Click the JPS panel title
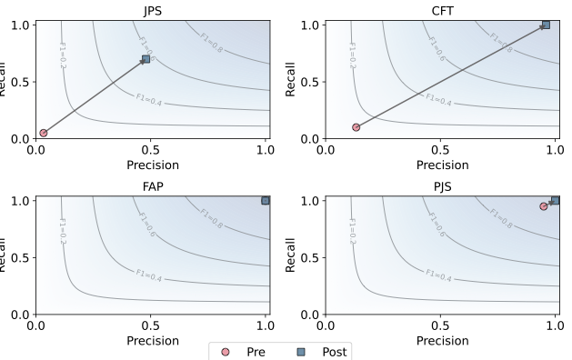pyautogui.click(x=151, y=8)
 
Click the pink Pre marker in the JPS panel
pyautogui.click(x=43, y=133)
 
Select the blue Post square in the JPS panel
pyautogui.click(x=146, y=59)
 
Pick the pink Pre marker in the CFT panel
pyautogui.click(x=356, y=127)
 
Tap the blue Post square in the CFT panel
pyautogui.click(x=546, y=25)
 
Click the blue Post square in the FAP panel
pyautogui.click(x=266, y=200)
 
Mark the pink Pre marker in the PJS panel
pyautogui.click(x=544, y=206)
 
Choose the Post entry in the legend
pyautogui.click(x=315, y=350)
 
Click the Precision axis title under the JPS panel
pyautogui.click(x=151, y=165)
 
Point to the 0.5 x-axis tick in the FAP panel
pyautogui.click(x=151, y=326)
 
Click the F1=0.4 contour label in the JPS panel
pyautogui.click(x=152, y=99)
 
